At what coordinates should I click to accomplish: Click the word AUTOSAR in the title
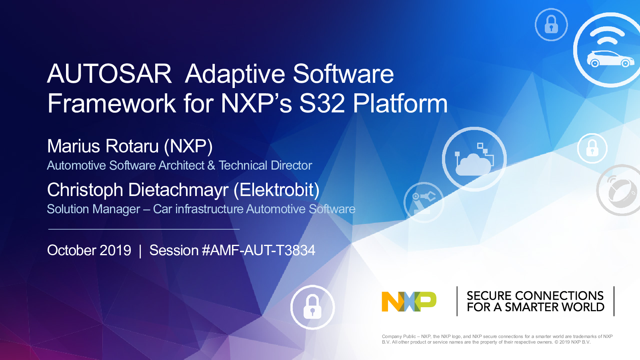[109, 74]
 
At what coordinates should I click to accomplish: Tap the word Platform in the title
[400, 103]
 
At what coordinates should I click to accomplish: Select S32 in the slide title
[322, 103]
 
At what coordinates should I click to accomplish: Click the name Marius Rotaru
[103, 146]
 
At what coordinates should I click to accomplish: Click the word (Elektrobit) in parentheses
[276, 190]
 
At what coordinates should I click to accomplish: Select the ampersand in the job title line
[211, 166]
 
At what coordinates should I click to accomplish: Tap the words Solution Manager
[94, 209]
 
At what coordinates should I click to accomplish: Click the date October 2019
[89, 250]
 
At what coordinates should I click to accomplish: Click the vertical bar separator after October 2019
[140, 251]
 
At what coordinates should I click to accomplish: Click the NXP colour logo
[409, 302]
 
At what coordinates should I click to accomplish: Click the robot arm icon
[424, 202]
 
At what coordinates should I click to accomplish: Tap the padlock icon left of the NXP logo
[312, 307]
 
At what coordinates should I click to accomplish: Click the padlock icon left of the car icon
[551, 24]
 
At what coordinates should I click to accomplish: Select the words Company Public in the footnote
[399, 336]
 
